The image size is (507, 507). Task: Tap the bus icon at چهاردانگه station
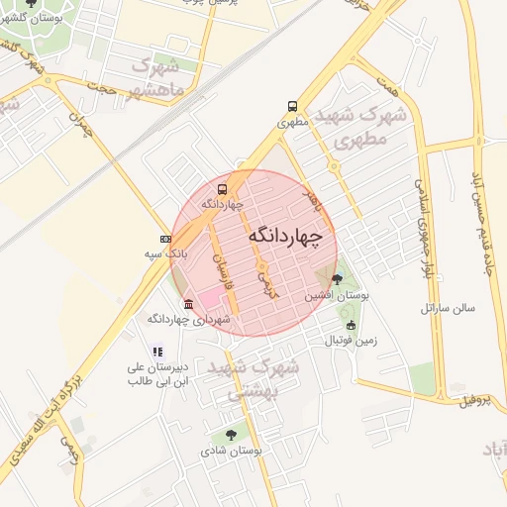pos(222,188)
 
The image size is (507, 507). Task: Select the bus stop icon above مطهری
pos(292,106)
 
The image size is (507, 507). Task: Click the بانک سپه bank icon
pos(165,239)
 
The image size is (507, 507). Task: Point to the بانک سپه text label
pos(165,254)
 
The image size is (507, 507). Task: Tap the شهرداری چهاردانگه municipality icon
pos(188,303)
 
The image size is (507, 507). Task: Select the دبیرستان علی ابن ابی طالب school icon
pos(156,351)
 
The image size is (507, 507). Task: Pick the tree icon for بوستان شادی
pos(231,434)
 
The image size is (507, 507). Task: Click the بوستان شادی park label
pos(233,451)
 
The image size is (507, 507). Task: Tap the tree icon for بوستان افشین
pos(337,279)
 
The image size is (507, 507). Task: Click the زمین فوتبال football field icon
pos(350,325)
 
